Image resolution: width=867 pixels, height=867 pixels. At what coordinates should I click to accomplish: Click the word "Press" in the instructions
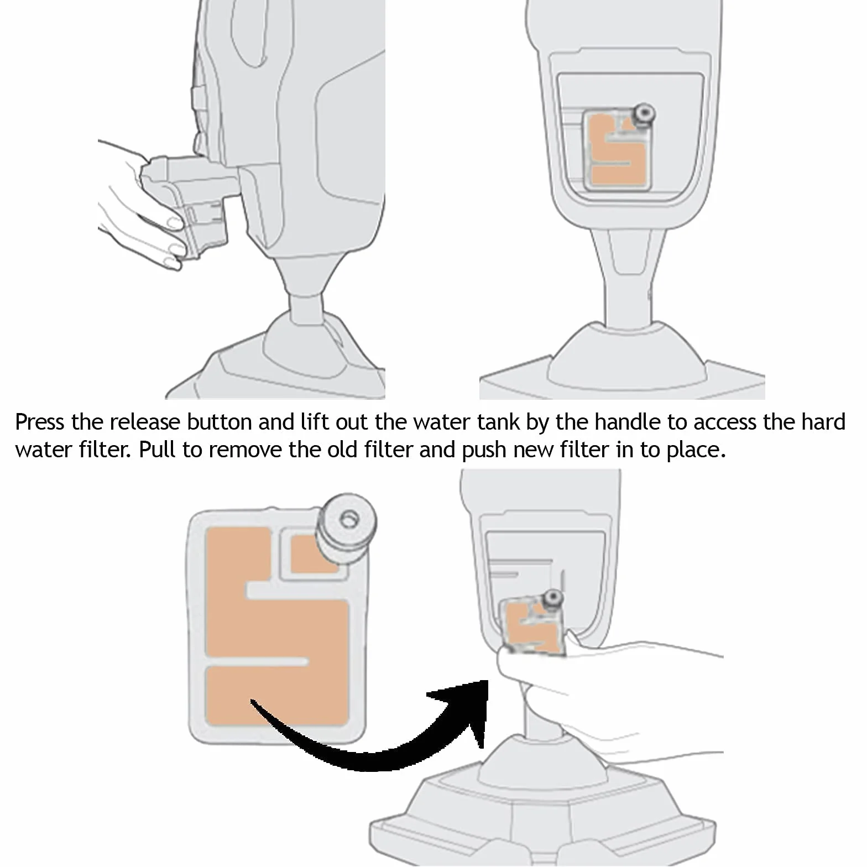point(40,422)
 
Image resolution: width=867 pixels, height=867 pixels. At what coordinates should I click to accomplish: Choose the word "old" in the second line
point(343,450)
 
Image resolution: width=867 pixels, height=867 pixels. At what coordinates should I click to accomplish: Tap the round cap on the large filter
point(346,525)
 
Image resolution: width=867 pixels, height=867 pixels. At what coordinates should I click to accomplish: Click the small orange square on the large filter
point(311,553)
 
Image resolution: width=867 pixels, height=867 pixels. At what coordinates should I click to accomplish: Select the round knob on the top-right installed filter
point(644,114)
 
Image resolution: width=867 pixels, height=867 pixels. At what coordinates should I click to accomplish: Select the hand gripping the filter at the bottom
point(608,697)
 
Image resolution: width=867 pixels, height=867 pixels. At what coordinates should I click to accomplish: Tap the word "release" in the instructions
point(145,422)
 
